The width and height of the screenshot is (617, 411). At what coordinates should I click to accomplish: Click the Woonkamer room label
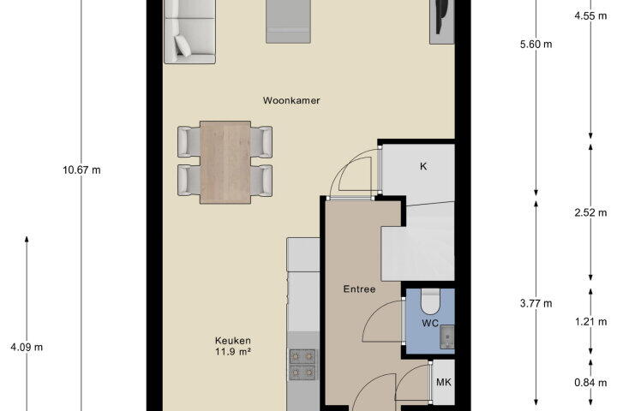coord(291,100)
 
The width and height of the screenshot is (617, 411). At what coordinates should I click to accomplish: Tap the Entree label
coord(359,289)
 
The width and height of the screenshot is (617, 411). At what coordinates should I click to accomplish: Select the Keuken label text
coord(232,341)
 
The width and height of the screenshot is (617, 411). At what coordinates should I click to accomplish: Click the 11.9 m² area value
coord(232,352)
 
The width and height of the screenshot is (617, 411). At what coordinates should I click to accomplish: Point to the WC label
coord(430,324)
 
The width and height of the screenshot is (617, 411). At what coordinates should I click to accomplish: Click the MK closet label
coord(444,382)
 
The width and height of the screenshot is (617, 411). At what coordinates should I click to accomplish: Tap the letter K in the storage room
coord(423,166)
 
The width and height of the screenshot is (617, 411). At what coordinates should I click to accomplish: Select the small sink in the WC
coord(447,337)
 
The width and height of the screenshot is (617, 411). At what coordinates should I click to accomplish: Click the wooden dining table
coord(225,162)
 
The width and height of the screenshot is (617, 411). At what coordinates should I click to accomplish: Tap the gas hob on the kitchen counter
coord(303,365)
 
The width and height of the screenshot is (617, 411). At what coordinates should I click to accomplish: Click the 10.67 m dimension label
coord(81,170)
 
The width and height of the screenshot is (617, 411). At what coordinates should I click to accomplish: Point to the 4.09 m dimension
coord(27,348)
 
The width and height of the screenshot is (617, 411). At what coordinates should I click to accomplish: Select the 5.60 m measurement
coord(536,44)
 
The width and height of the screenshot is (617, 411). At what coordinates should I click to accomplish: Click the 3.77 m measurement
coord(536,303)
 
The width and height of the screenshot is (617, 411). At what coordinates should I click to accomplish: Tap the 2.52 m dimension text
coord(590,212)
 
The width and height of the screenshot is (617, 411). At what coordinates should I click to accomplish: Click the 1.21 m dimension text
coord(590,322)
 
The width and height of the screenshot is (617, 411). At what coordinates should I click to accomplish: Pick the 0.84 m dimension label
coord(590,382)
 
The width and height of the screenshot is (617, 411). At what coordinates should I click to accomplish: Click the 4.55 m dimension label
coord(590,15)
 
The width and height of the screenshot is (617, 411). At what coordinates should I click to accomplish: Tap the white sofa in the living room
coord(189,32)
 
